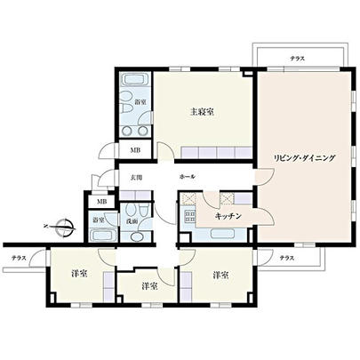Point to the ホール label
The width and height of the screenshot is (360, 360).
click(x=187, y=178)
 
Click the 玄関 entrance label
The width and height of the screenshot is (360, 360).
click(x=137, y=178)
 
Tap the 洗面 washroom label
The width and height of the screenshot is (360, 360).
click(x=132, y=220)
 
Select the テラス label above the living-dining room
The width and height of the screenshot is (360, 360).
click(x=297, y=59)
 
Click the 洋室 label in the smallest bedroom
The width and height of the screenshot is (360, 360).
click(x=148, y=286)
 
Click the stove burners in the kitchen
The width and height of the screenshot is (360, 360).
click(x=188, y=216)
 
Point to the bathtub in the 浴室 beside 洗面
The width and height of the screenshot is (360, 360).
click(x=100, y=236)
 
